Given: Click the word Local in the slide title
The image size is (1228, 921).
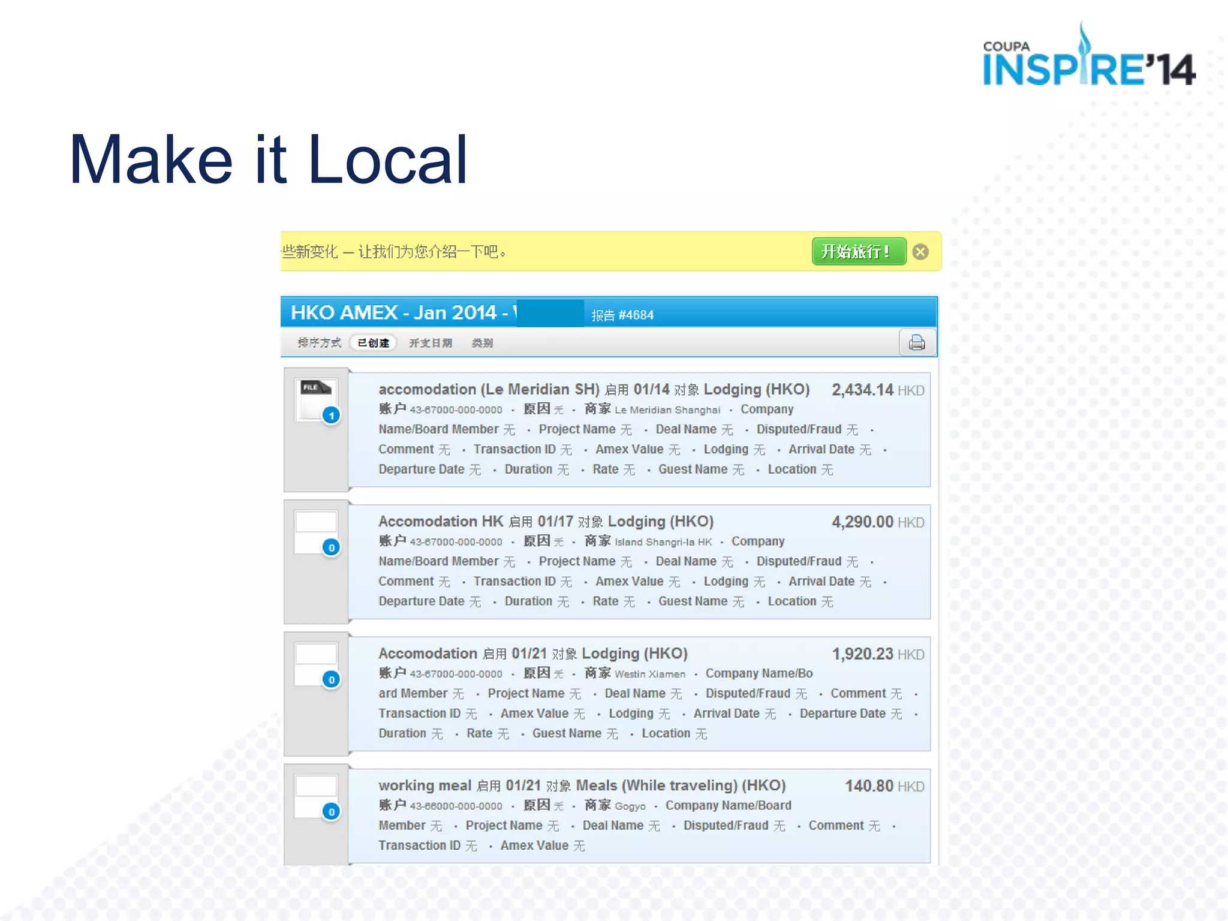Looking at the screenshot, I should tap(387, 160).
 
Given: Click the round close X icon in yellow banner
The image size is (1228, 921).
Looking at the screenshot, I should tap(920, 252).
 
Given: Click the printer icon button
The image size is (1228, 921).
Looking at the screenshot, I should tap(917, 343).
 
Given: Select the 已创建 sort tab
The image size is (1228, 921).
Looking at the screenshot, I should tap(373, 343).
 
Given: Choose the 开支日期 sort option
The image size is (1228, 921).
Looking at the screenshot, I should tap(430, 343).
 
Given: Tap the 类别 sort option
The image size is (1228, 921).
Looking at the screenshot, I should tap(482, 343).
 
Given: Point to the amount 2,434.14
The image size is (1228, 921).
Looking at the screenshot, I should tap(862, 390).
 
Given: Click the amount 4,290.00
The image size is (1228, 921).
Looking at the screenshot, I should tap(862, 522).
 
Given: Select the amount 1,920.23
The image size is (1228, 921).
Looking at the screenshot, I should tap(862, 654).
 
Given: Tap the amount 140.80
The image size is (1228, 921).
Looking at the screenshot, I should tap(869, 786).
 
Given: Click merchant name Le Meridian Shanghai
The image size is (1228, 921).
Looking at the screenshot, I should tap(667, 410).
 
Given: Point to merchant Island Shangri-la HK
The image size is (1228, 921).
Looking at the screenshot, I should tap(663, 542).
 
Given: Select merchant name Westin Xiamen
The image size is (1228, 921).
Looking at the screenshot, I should tap(650, 674).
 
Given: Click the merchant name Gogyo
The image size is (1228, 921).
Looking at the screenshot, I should tap(630, 806).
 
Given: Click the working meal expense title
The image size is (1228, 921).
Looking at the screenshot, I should tap(425, 785).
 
